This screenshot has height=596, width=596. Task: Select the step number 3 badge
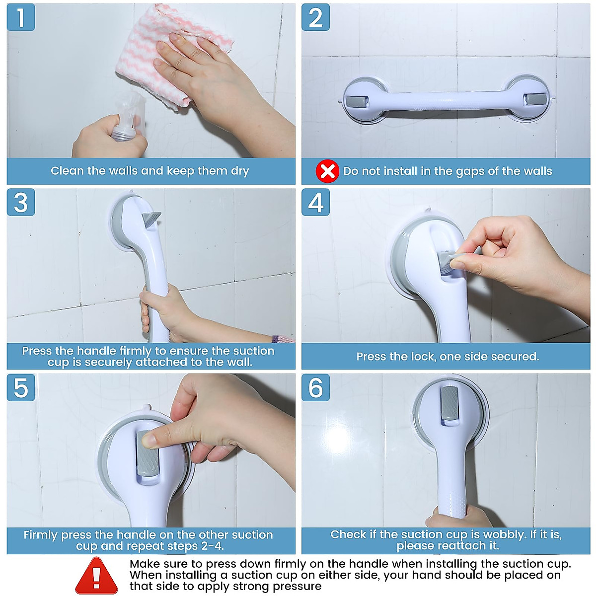click(x=20, y=202)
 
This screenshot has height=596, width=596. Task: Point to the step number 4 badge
click(x=315, y=202)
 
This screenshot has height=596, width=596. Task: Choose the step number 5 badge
click(x=20, y=387)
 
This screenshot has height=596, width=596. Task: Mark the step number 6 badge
click(x=315, y=387)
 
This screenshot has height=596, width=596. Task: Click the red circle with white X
click(x=327, y=171)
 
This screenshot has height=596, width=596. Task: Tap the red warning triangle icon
click(x=97, y=576)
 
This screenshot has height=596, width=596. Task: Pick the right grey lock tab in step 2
click(x=534, y=99)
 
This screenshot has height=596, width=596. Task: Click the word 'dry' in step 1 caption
click(x=239, y=171)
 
